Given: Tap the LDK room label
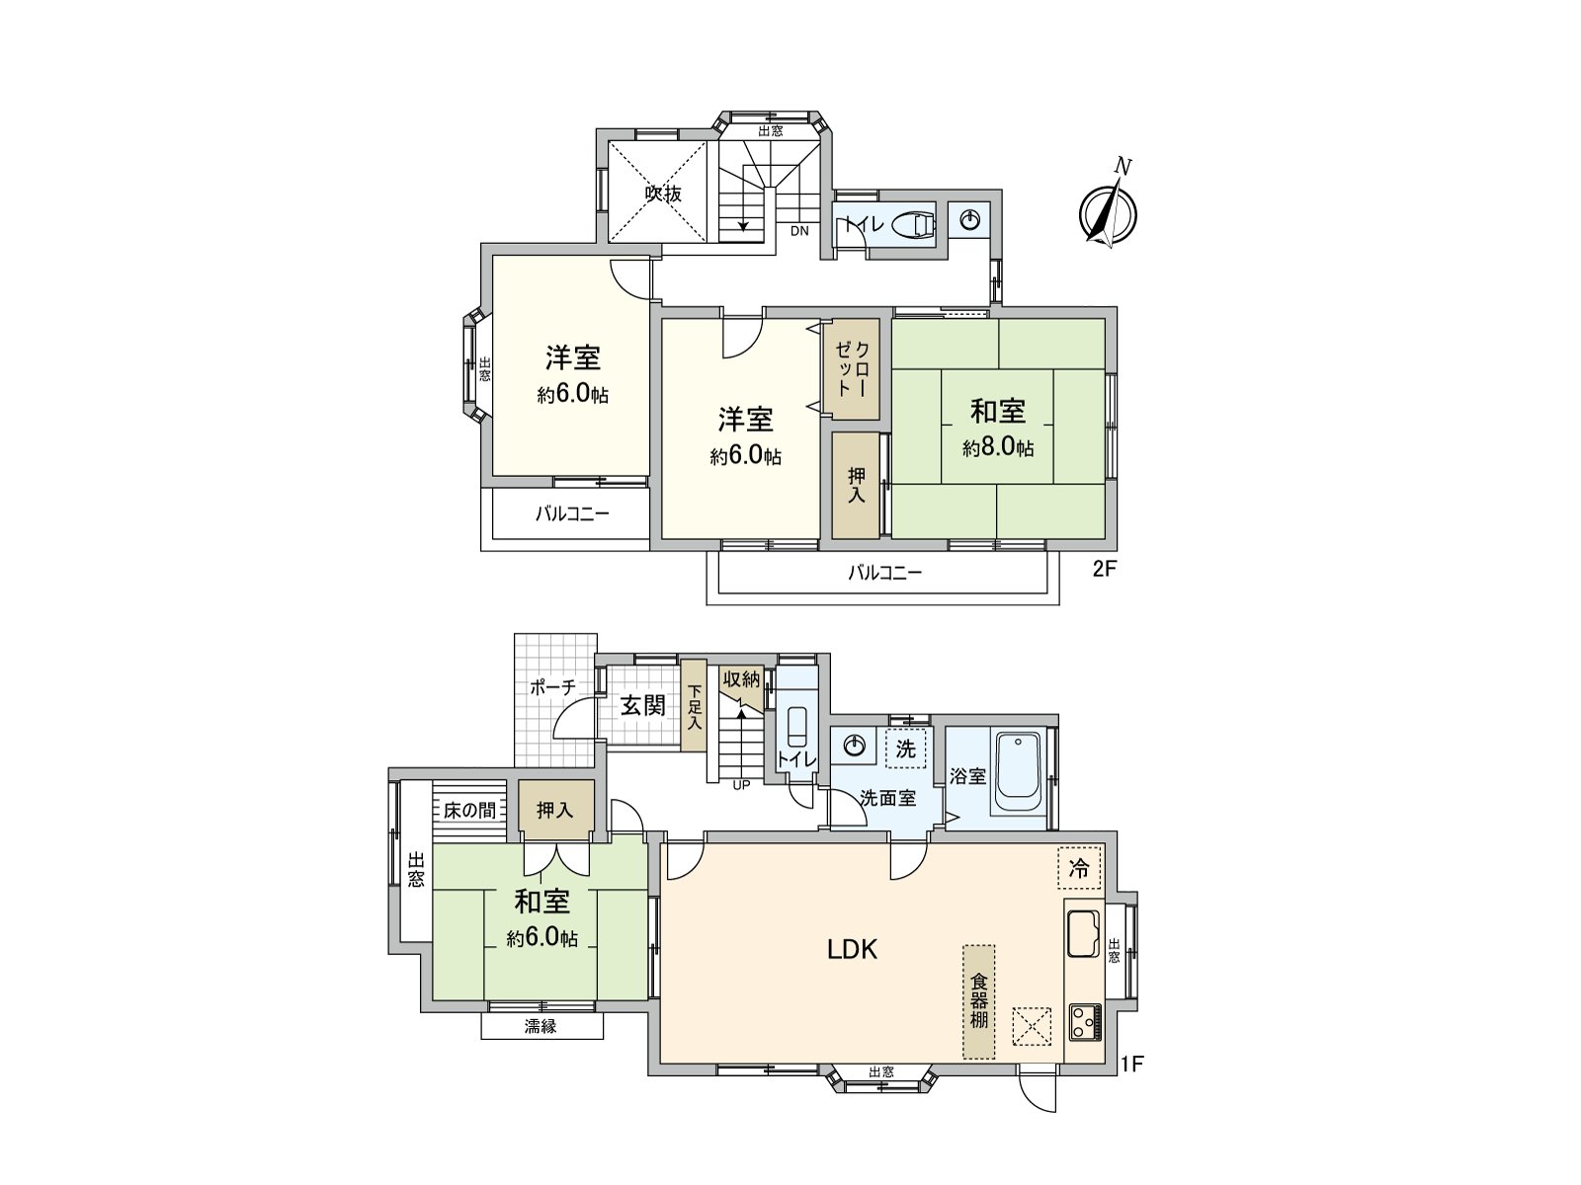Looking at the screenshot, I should pyautogui.click(x=853, y=950).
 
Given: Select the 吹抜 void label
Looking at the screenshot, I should pyautogui.click(x=664, y=194).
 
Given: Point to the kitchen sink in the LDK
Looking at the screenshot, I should pyautogui.click(x=1084, y=932).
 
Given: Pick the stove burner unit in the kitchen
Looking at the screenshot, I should pyautogui.click(x=1084, y=1020).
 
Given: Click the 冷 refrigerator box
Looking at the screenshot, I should pyautogui.click(x=1079, y=869).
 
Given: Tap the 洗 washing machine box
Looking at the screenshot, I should pyautogui.click(x=905, y=749).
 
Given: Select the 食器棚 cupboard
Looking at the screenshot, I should pyautogui.click(x=979, y=1001).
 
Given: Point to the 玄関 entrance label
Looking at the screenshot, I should pyautogui.click(x=642, y=705).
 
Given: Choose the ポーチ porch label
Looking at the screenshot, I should pyautogui.click(x=552, y=687).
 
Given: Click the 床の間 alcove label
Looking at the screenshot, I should pyautogui.click(x=469, y=811).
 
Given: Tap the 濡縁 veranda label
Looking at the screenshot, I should pyautogui.click(x=541, y=1027).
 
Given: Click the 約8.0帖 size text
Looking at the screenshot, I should pyautogui.click(x=999, y=448).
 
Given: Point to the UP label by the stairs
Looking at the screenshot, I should pyautogui.click(x=741, y=786).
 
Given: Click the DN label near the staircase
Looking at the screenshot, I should pyautogui.click(x=799, y=232).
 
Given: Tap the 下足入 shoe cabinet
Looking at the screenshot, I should pyautogui.click(x=695, y=707).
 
